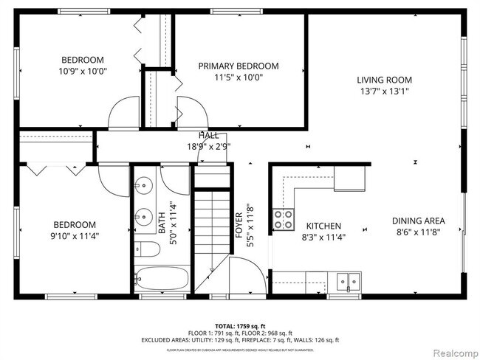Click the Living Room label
pos(384,80)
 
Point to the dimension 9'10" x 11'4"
pos(73,236)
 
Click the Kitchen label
pos(323,226)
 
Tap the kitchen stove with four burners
pos(282,218)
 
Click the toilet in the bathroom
pos(148,250)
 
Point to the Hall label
pos(208,135)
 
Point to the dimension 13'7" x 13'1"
pos(384,91)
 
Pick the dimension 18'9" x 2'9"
pos(208,146)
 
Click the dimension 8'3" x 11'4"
pos(323,237)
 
